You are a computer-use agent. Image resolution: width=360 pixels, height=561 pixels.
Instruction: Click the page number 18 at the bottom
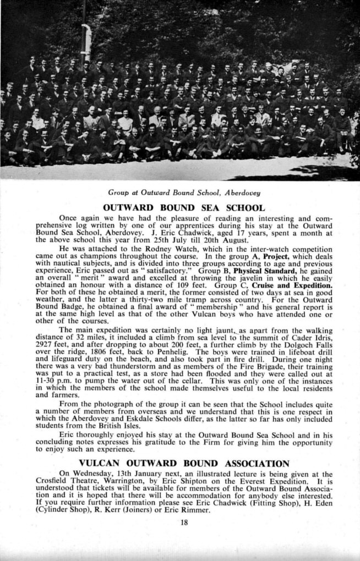(x=184, y=522)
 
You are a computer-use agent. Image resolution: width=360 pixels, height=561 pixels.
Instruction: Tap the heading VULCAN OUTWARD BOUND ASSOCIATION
(x=184, y=463)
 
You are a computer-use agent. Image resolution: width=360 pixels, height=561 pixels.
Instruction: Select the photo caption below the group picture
(x=184, y=193)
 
